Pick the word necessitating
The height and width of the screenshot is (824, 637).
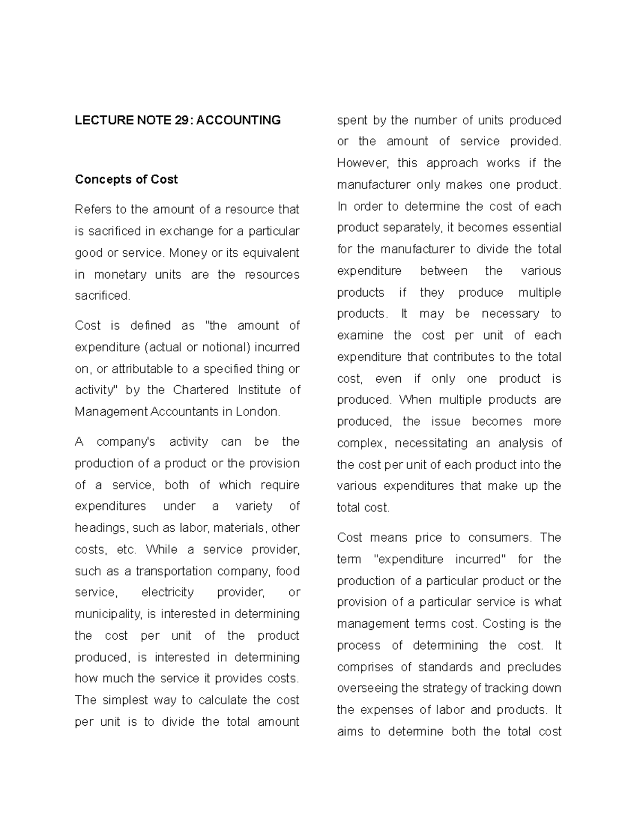pyautogui.click(x=431, y=443)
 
